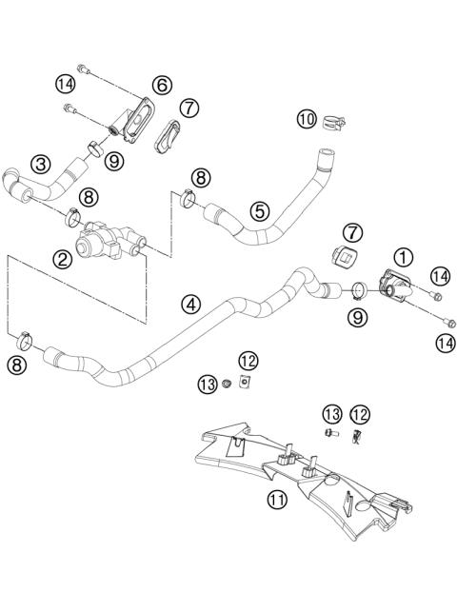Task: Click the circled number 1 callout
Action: point(404,256)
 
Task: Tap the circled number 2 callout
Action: point(64,258)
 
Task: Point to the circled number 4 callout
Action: point(191,305)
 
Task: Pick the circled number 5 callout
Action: point(259,210)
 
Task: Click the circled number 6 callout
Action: point(162,85)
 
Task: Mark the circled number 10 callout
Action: point(306,119)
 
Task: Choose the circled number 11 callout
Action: point(277,499)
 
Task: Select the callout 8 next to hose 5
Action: point(201,177)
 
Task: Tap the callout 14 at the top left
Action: point(65,83)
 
